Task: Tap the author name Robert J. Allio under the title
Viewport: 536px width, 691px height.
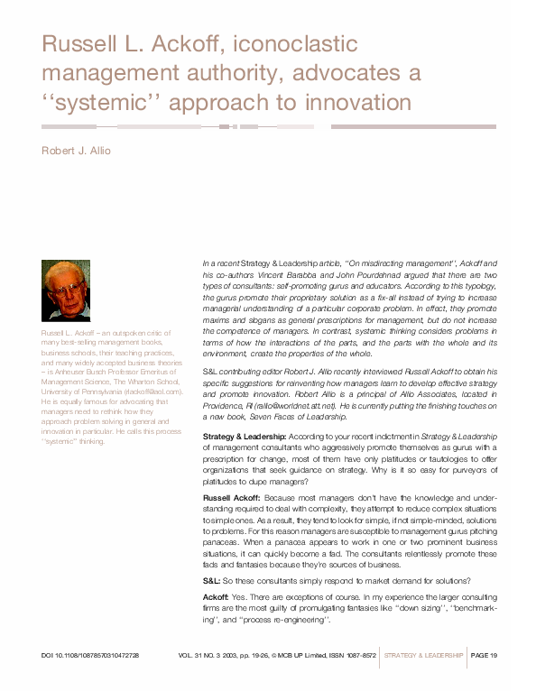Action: tap(76, 151)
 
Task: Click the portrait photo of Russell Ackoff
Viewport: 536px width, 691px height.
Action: tap(66, 290)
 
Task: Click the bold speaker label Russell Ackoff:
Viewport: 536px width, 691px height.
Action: tap(234, 497)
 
